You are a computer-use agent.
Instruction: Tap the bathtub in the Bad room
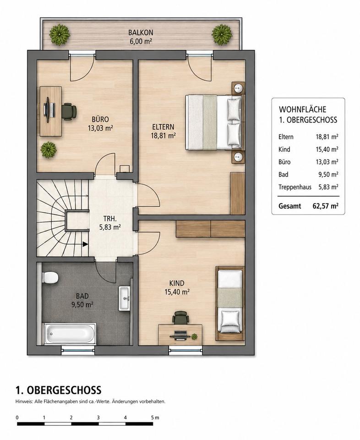(71, 334)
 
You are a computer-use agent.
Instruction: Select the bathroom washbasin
(124, 298)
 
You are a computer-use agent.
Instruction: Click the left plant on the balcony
(60, 34)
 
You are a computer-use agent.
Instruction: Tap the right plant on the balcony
(222, 34)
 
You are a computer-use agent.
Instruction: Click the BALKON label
(141, 33)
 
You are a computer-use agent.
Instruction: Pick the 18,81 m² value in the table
(327, 137)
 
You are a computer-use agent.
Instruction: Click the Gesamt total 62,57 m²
(325, 206)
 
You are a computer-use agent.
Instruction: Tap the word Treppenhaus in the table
(295, 187)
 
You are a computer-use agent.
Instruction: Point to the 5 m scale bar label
(155, 418)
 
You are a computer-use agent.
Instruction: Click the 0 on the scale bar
(17, 418)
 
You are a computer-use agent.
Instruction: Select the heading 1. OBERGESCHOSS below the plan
(58, 390)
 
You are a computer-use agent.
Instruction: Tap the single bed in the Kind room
(229, 303)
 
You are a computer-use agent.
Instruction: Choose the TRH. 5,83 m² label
(110, 223)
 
